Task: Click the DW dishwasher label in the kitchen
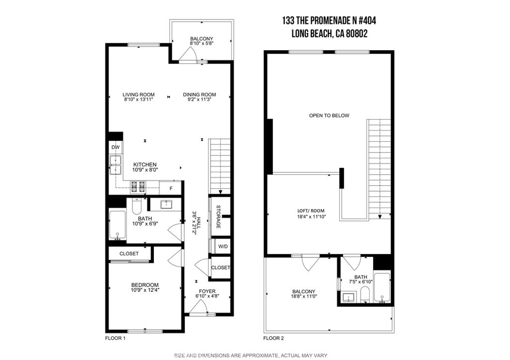click(x=115, y=147)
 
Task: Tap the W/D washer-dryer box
click(x=220, y=246)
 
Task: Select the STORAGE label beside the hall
click(x=218, y=217)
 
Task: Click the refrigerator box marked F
click(x=171, y=188)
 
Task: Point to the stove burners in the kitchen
click(x=137, y=187)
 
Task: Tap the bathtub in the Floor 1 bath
click(x=118, y=226)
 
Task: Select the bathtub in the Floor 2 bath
click(x=382, y=287)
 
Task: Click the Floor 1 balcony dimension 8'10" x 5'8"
click(x=201, y=44)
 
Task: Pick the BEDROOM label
click(x=145, y=285)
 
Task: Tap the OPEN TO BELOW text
click(x=329, y=116)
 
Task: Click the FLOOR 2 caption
click(x=273, y=338)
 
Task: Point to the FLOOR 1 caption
click(x=115, y=338)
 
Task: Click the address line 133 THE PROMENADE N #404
click(x=329, y=20)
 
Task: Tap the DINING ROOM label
click(x=199, y=95)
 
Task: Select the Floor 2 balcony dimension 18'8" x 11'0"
click(x=303, y=297)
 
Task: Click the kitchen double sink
click(x=116, y=165)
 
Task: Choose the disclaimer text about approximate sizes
click(x=251, y=355)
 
